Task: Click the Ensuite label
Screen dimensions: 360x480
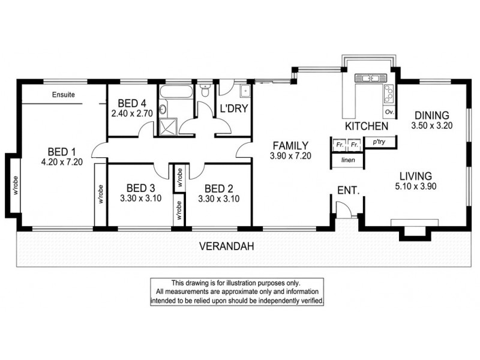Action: click(64, 94)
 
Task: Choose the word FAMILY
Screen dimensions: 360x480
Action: click(290, 146)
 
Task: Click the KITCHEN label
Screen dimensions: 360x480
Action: click(365, 127)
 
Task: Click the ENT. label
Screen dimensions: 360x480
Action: click(348, 190)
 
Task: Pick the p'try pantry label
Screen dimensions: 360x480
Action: click(379, 143)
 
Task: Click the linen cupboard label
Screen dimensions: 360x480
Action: click(348, 161)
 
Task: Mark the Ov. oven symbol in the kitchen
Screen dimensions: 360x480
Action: click(389, 112)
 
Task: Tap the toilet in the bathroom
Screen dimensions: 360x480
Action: click(205, 92)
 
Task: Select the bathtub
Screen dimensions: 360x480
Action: click(176, 93)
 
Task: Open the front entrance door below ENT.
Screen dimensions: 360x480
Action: click(343, 210)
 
